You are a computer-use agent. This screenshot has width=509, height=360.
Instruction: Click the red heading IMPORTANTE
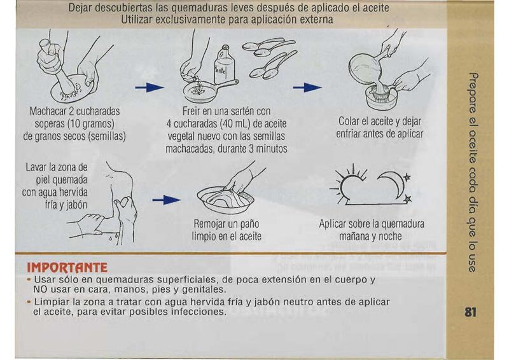[x=67, y=268]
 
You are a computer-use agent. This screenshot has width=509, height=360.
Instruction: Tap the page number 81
[x=470, y=312]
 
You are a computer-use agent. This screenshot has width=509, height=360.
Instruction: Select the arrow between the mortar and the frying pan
[x=150, y=87]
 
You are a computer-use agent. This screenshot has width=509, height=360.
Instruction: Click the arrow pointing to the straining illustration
[x=307, y=87]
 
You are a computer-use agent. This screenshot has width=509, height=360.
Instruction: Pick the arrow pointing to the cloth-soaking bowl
[x=167, y=200]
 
